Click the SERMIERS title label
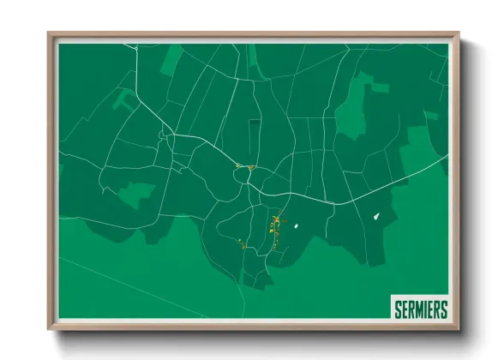(419, 307)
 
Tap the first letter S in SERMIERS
(397, 307)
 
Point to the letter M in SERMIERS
(417, 307)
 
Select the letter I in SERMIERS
(426, 307)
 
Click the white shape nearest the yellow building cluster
(295, 226)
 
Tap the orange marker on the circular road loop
(250, 167)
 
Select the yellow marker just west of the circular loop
(237, 165)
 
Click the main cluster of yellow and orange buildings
(276, 230)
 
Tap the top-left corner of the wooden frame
(49, 34)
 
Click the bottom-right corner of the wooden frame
(458, 328)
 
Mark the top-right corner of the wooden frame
(458, 34)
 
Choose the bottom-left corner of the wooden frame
(49, 328)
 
